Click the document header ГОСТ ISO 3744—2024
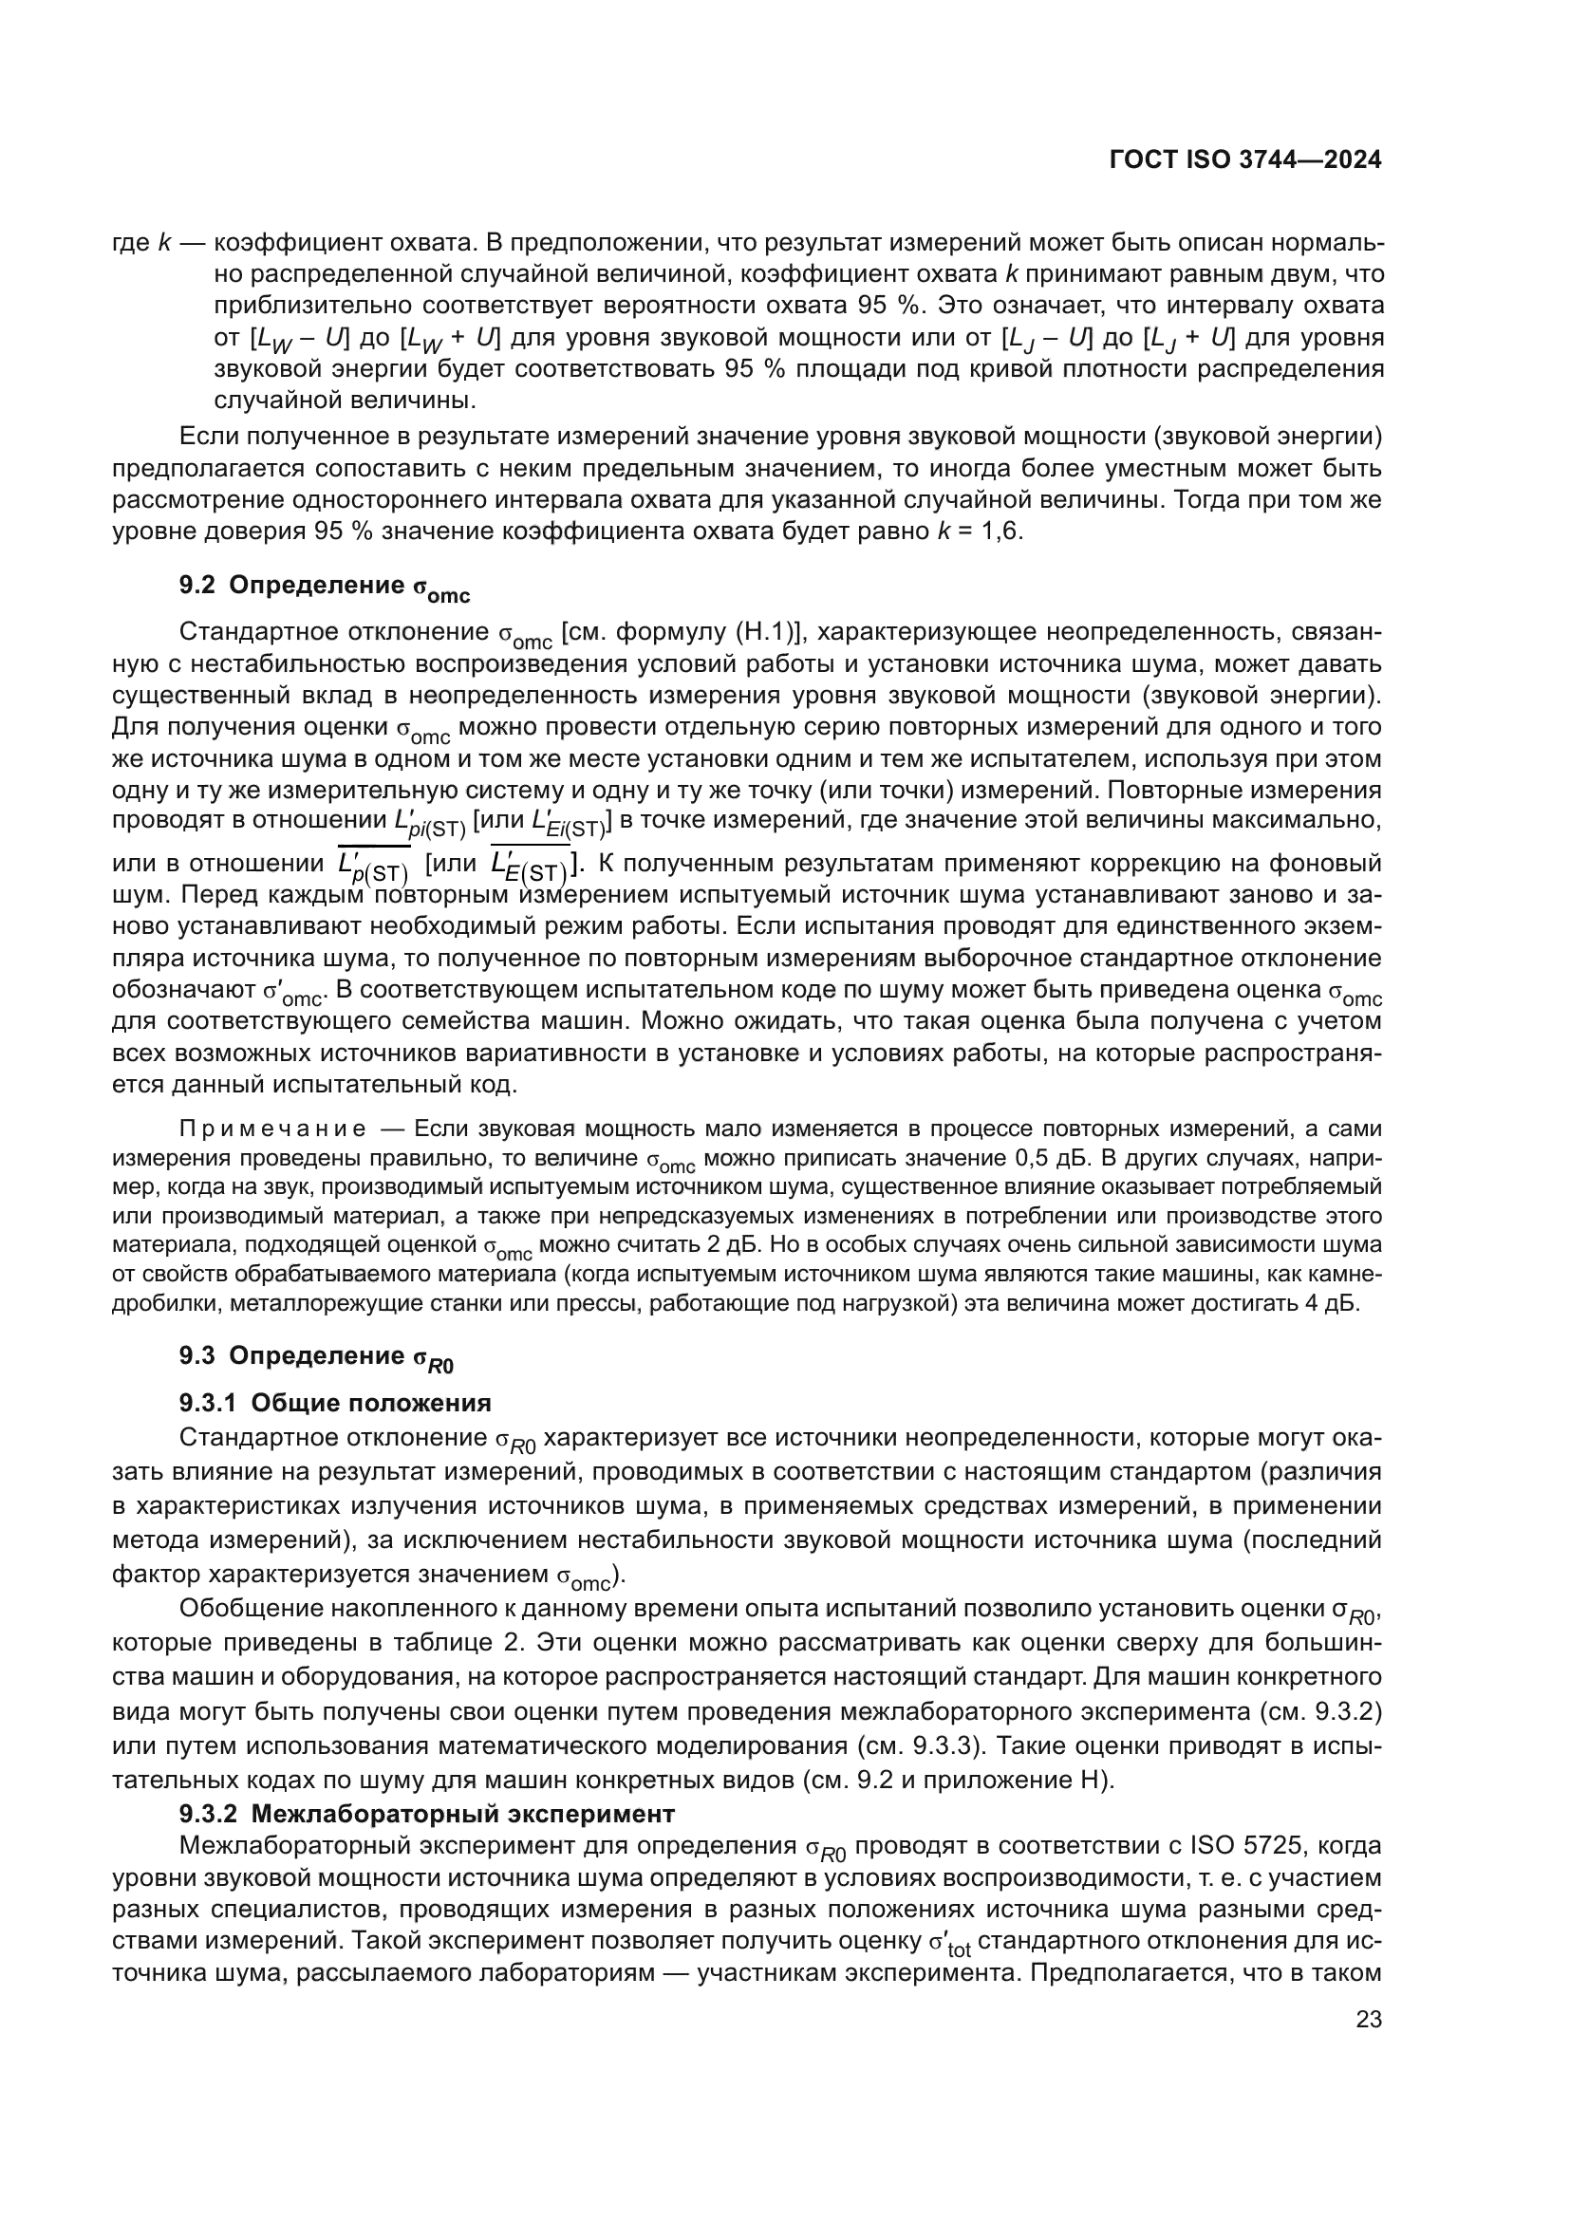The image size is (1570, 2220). point(1245,160)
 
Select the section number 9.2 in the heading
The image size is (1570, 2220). point(197,585)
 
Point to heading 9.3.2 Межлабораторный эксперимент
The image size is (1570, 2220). point(426,1812)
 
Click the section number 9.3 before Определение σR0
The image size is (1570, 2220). point(197,1355)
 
